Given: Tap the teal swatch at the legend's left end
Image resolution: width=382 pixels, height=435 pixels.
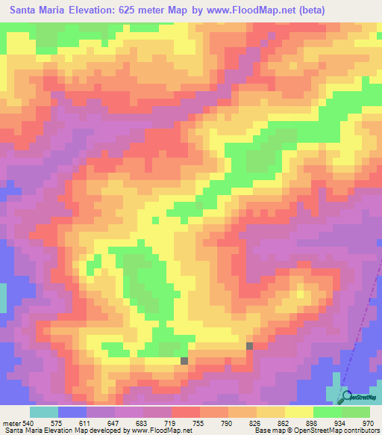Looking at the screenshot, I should (43, 412).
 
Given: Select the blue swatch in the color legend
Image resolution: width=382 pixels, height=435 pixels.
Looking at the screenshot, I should (72, 412).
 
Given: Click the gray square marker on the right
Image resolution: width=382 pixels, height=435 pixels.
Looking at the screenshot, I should (249, 345).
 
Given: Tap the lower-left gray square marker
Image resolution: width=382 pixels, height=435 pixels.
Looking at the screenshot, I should (184, 360).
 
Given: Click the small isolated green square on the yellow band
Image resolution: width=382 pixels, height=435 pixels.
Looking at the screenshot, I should (154, 220).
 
